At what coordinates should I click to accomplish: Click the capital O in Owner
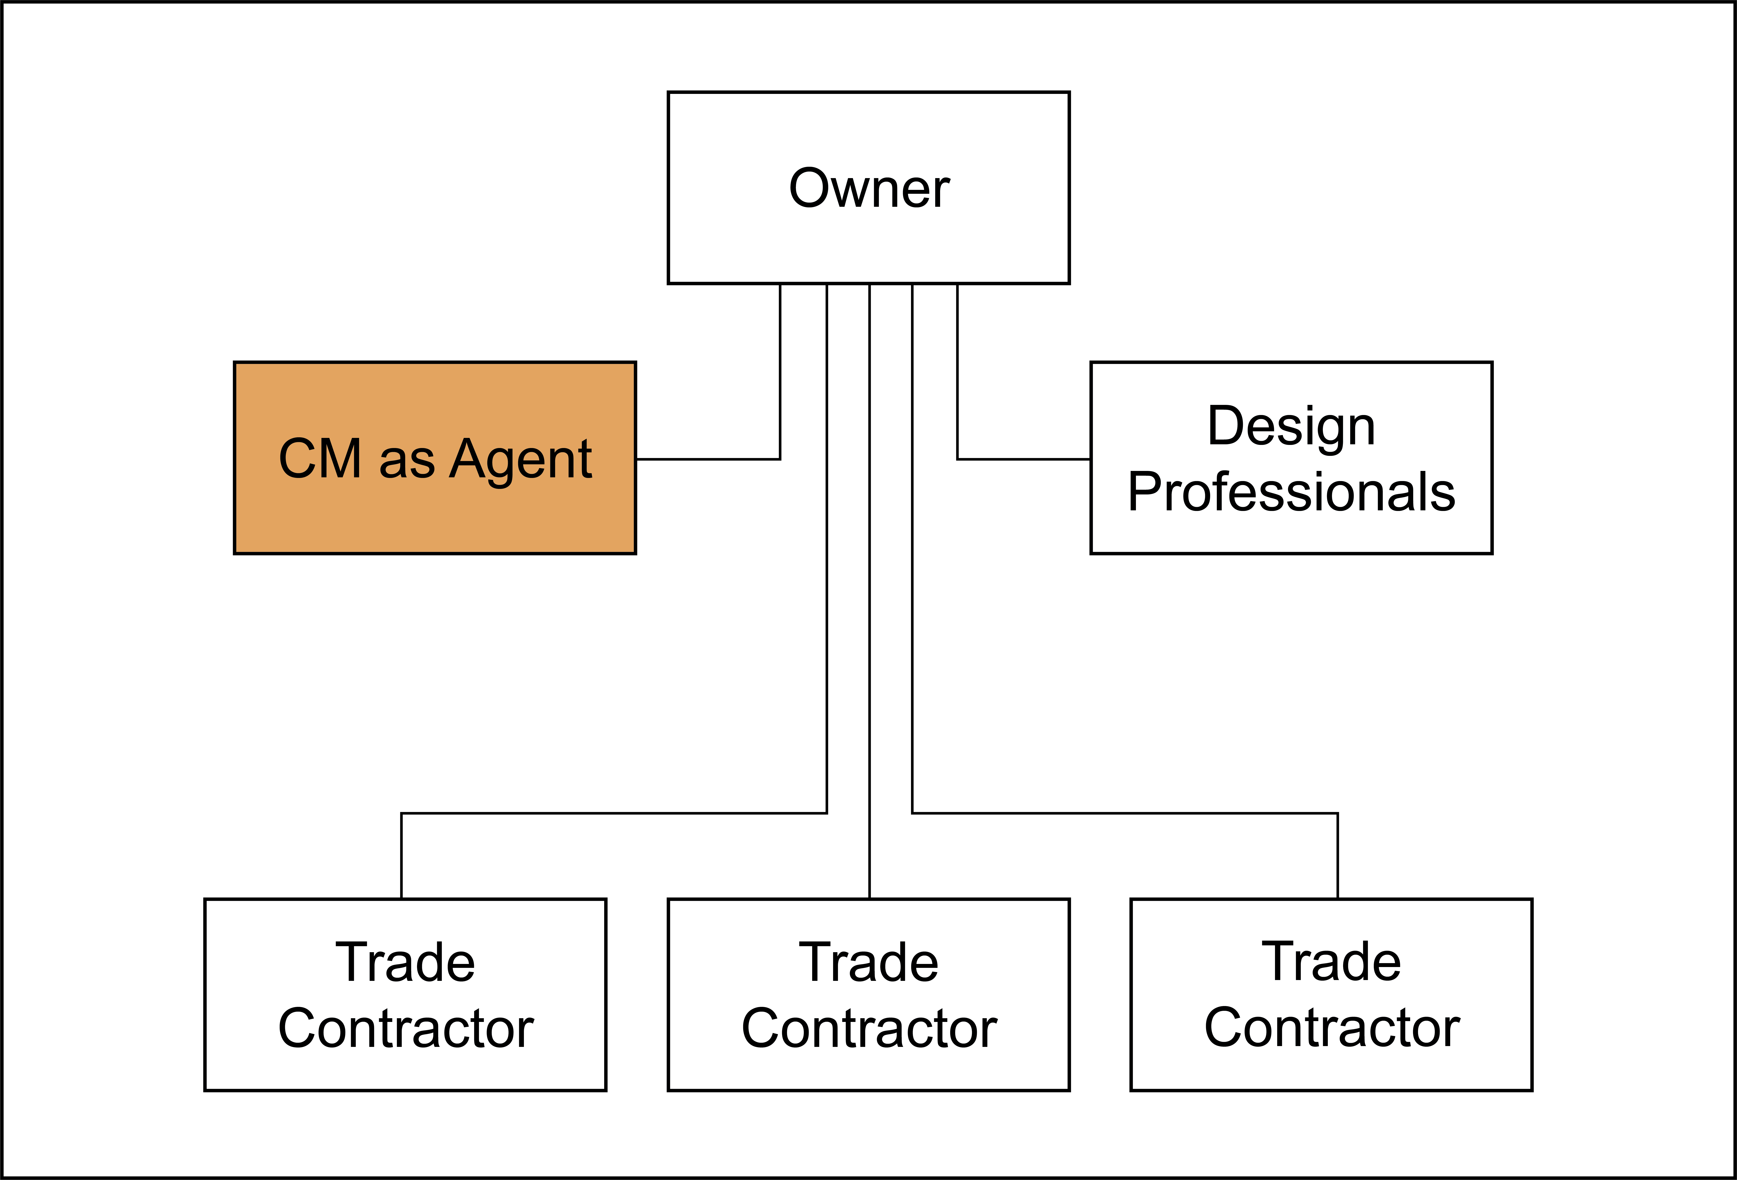(810, 188)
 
